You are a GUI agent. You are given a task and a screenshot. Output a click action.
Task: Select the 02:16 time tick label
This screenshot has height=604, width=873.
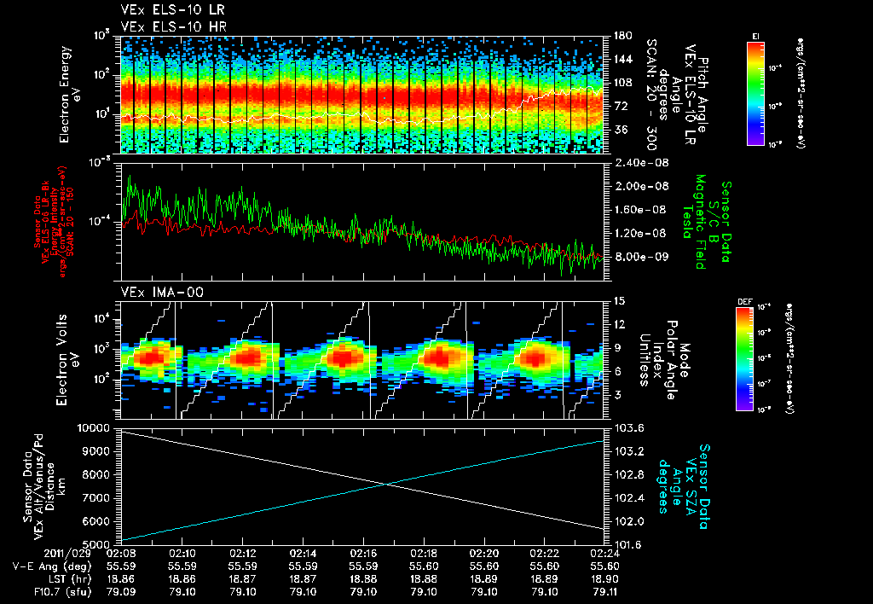[x=364, y=552]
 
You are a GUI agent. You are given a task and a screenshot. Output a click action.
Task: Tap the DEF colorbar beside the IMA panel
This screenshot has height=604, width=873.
[x=743, y=357]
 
